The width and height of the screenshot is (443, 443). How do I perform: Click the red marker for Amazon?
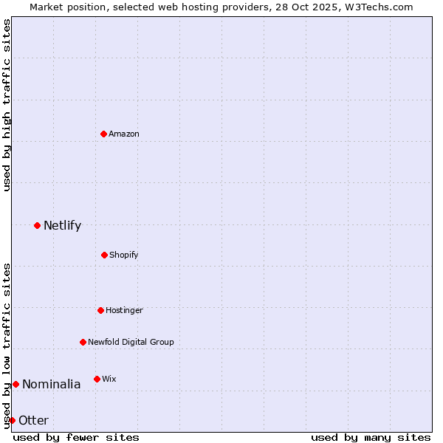[x=103, y=134]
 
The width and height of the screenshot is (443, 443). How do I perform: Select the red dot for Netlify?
[x=37, y=225]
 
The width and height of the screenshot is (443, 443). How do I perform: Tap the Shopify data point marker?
[x=104, y=255]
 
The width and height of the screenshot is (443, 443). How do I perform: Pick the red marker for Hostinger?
[x=100, y=310]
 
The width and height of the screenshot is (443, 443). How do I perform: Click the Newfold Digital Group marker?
[x=83, y=342]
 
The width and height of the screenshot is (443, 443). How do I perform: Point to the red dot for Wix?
[x=97, y=379]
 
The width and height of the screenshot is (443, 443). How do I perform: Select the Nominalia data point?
[x=16, y=384]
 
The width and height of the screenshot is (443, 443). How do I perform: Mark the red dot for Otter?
[x=12, y=420]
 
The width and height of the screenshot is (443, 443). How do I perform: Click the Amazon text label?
[x=124, y=134]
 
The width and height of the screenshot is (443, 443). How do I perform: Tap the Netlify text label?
[x=62, y=225]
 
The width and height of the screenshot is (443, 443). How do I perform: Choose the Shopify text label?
[x=124, y=255]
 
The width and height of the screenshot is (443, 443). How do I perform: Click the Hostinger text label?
[x=124, y=310]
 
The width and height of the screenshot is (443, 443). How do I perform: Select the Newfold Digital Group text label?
[x=131, y=342]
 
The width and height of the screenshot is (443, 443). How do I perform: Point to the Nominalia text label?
[x=51, y=384]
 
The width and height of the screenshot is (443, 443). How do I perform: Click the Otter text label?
[x=33, y=420]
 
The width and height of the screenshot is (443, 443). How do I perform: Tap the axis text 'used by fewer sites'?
[x=76, y=437]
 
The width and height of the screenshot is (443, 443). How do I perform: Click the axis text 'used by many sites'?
[x=371, y=437]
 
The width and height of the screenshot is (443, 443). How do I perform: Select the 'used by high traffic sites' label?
[x=7, y=105]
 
